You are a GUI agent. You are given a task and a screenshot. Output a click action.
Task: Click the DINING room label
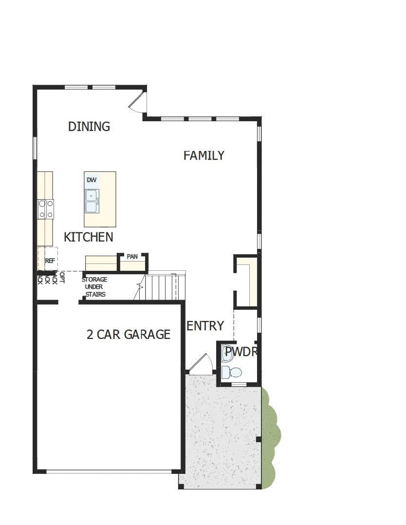point(89,127)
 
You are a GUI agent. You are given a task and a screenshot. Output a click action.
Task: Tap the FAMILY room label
point(204,155)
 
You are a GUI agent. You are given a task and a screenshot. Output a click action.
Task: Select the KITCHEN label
point(89,237)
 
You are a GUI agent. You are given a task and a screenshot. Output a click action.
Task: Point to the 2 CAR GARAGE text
point(129,335)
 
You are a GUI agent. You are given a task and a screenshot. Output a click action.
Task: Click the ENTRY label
point(205,326)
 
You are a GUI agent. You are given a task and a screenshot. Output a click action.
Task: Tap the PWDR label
point(241,352)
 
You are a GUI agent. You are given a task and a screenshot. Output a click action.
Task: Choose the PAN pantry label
point(132,257)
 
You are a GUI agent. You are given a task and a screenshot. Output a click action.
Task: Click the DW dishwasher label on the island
point(92,180)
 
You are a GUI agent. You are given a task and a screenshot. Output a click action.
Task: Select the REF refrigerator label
point(50,261)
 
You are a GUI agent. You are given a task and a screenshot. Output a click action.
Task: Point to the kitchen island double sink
point(92,201)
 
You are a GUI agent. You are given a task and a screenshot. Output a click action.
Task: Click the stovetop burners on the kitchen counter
point(46,209)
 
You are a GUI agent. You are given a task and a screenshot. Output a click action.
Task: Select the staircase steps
point(161,287)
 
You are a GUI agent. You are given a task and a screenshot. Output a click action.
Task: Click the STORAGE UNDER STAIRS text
point(94,287)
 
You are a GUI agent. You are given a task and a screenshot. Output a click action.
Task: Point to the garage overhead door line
point(109,471)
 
